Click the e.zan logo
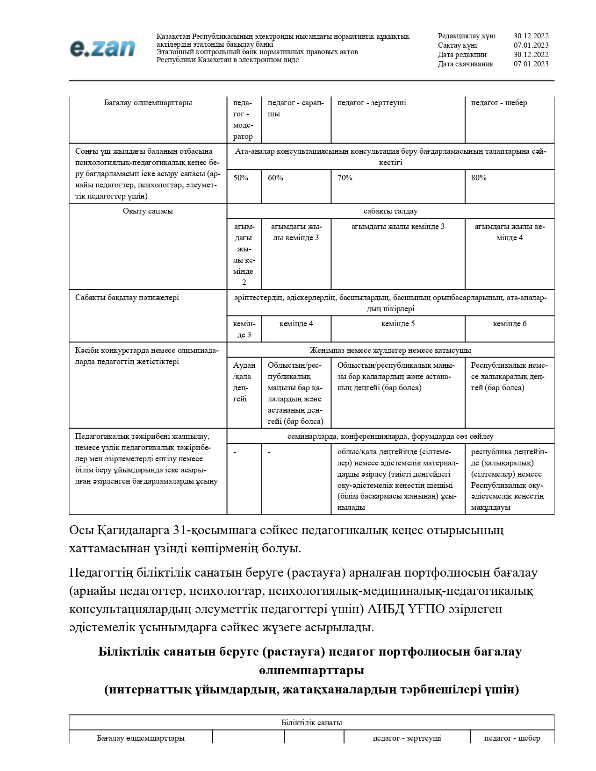[x=102, y=48]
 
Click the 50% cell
[x=241, y=178]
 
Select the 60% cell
[x=276, y=178]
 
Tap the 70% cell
[x=345, y=178]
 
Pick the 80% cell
[x=479, y=178]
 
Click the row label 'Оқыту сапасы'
[x=148, y=211]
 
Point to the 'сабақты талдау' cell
[x=390, y=211]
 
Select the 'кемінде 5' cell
[x=398, y=324]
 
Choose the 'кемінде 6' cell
[x=510, y=324]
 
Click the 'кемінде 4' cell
[x=296, y=324]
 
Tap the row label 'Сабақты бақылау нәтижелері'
[x=127, y=298]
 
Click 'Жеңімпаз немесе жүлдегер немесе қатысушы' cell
[x=390, y=350]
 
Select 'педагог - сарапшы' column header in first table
[x=295, y=108]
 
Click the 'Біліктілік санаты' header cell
[x=311, y=723]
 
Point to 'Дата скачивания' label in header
[x=465, y=64]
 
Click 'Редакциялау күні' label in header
[x=467, y=36]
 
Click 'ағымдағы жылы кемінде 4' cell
[x=510, y=232]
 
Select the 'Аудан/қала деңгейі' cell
[x=244, y=382]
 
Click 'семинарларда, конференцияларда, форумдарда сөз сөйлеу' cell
[x=390, y=436]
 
